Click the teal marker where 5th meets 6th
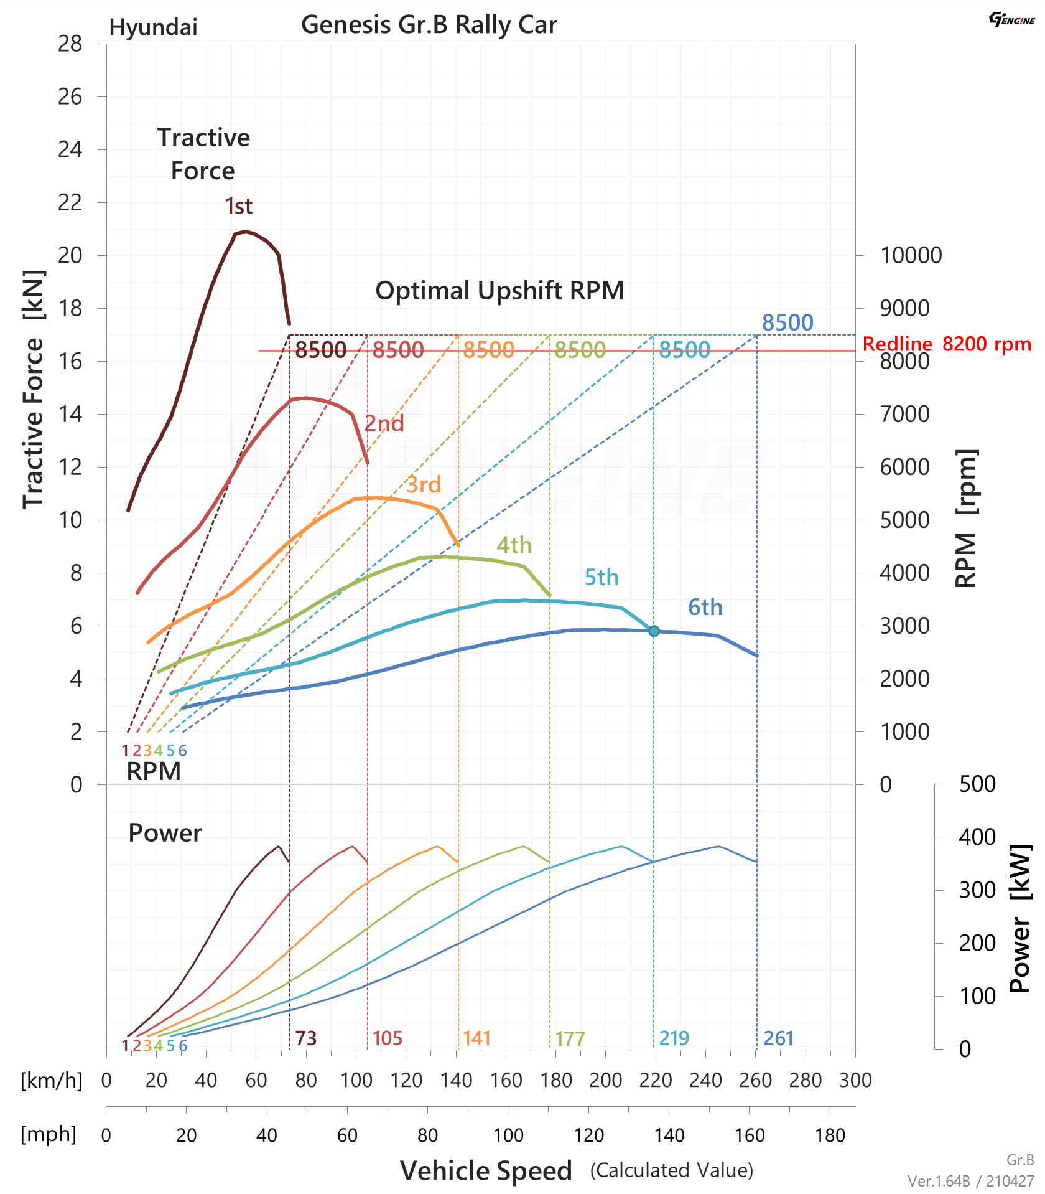(x=654, y=631)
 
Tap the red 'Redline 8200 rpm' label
(x=947, y=344)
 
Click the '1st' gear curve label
(x=238, y=206)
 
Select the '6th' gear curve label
(x=705, y=607)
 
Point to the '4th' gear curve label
(x=514, y=545)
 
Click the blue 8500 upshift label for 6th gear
(x=787, y=322)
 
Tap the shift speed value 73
(x=305, y=1038)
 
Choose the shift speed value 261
(x=778, y=1038)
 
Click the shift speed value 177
(x=570, y=1038)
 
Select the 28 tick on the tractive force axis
(x=70, y=44)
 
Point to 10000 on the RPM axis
(x=911, y=255)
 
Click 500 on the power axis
(x=977, y=784)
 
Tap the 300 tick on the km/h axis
(x=855, y=1080)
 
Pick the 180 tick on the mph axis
(x=830, y=1135)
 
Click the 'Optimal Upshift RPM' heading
(x=499, y=291)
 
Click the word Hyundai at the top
(x=153, y=27)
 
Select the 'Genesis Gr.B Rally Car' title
(x=429, y=24)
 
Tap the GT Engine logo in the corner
(x=1012, y=19)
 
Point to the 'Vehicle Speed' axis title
(x=486, y=1170)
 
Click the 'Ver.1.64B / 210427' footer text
(x=970, y=1181)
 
